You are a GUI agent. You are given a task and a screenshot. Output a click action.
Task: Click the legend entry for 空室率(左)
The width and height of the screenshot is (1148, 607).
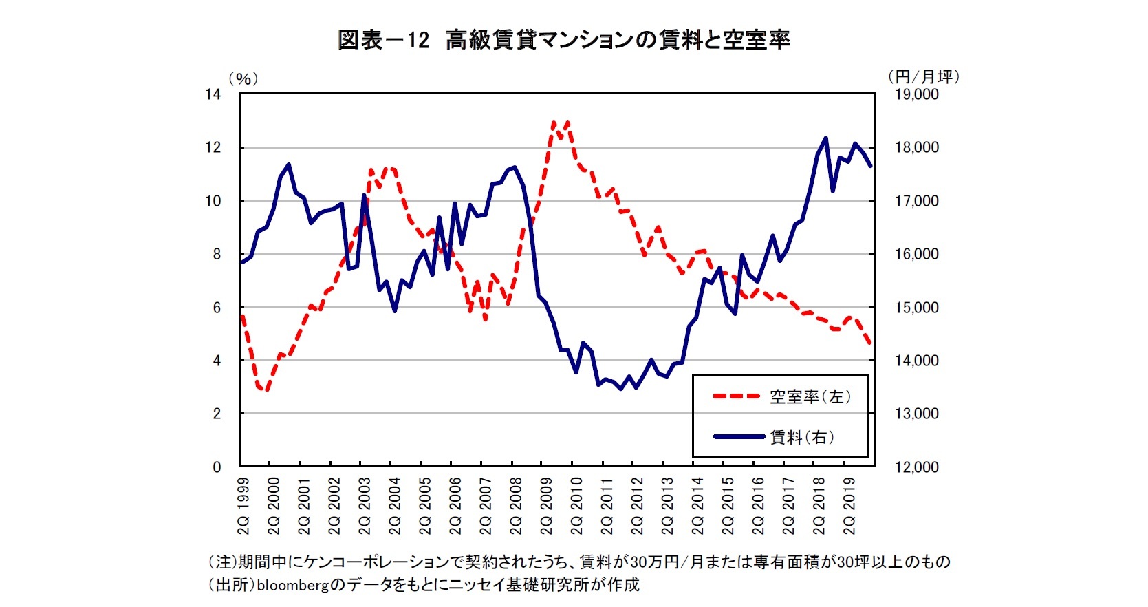(810, 396)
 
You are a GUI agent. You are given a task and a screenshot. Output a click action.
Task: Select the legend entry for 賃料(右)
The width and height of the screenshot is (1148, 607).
(801, 437)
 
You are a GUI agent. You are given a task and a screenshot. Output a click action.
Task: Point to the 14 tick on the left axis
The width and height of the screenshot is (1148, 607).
(214, 94)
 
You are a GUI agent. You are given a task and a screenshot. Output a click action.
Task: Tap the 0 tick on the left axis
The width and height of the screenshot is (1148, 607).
(217, 467)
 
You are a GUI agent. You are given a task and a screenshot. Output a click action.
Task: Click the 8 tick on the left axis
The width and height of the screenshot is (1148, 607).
(217, 254)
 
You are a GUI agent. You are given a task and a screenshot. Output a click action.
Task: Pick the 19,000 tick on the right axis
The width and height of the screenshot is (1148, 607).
(916, 94)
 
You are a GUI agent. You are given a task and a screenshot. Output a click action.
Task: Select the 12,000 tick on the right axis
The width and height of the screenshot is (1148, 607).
(916, 467)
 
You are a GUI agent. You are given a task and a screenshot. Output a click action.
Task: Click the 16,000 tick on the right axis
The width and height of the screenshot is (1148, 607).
(916, 254)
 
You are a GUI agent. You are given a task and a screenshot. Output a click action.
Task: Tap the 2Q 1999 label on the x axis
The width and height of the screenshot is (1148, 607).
(243, 506)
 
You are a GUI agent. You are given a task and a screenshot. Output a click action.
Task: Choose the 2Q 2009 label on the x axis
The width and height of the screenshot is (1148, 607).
(546, 506)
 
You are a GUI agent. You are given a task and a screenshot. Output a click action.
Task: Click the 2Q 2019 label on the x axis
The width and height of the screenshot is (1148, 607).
(849, 506)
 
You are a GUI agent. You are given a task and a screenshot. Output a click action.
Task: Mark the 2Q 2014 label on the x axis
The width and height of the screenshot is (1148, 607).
(697, 506)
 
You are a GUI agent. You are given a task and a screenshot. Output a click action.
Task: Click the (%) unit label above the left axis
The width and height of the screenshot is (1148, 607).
(243, 78)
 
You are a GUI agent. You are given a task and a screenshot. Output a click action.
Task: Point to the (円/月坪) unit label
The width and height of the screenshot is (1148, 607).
(923, 76)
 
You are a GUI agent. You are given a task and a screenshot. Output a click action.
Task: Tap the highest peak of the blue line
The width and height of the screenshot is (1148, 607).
(825, 138)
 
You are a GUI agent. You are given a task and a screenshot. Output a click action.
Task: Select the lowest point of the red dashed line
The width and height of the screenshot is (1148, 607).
(266, 390)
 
